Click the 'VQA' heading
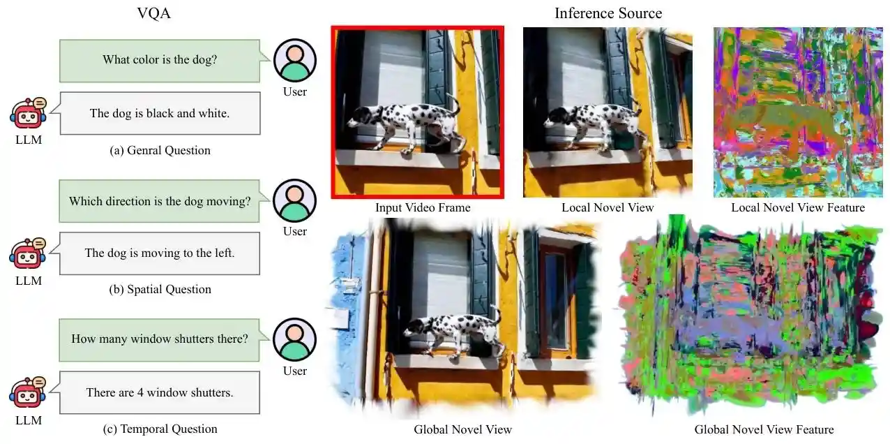coord(153,13)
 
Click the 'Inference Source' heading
coord(608,13)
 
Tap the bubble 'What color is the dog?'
coord(160,59)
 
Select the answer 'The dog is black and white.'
coord(160,113)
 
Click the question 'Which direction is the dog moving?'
coord(160,201)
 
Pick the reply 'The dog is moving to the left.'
coord(160,253)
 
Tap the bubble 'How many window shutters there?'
coord(160,339)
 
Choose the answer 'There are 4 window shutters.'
coord(160,392)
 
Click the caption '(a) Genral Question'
coord(160,150)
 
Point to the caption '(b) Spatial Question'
coord(160,289)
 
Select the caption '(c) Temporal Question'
coord(160,429)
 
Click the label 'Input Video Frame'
coord(423,207)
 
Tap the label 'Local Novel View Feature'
coord(797,207)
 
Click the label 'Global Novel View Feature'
coord(764,429)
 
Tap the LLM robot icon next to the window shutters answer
coord(27,392)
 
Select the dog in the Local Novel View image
coord(593,122)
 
